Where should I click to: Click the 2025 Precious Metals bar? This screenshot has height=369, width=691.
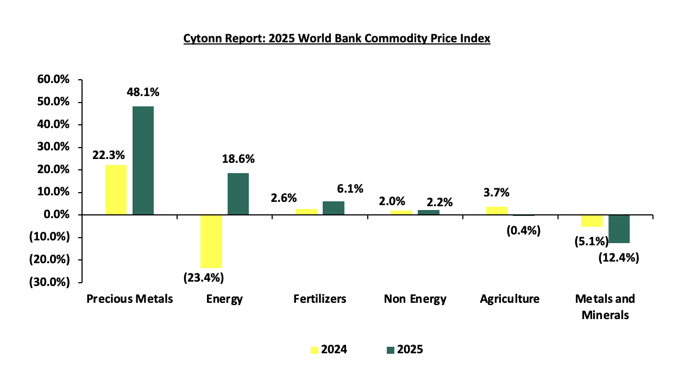click(x=143, y=161)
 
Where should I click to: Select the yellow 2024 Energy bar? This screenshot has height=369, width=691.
click(x=211, y=241)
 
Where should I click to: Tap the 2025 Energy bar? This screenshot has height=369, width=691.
click(x=238, y=194)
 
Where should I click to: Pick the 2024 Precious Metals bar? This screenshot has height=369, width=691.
click(x=116, y=190)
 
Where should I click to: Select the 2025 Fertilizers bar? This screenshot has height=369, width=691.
click(x=333, y=208)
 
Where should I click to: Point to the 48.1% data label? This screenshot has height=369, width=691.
click(x=143, y=92)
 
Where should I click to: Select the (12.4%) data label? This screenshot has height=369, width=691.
click(x=618, y=257)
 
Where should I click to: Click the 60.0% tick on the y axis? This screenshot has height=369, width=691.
click(x=54, y=80)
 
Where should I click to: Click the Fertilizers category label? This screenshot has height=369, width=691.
click(x=319, y=299)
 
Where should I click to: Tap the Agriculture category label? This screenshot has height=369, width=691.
click(x=510, y=299)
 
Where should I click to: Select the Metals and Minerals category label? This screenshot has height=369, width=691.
click(x=605, y=307)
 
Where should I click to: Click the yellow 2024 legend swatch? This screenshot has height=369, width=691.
click(x=313, y=350)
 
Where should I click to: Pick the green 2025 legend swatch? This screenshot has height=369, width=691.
click(x=390, y=350)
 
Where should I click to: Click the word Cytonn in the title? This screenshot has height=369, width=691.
click(x=202, y=39)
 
